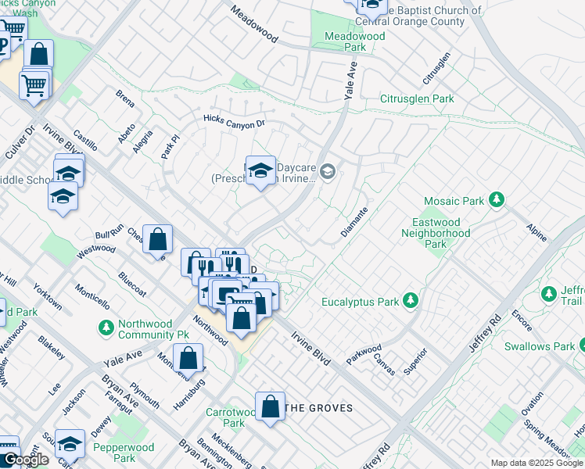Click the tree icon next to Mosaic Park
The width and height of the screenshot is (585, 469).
coord(496,201)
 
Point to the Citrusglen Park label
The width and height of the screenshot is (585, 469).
coord(417,99)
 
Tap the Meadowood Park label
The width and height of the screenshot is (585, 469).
coord(355,41)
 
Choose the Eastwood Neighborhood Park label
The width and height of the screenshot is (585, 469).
coord(436,233)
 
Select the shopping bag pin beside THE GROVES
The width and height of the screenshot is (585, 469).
coord(270,406)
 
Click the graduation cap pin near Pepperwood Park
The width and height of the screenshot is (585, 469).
coord(70,445)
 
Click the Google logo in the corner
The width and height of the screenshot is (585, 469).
coord(25,460)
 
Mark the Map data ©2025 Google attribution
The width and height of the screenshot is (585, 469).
coord(536,463)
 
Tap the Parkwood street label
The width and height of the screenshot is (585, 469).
coord(364,354)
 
